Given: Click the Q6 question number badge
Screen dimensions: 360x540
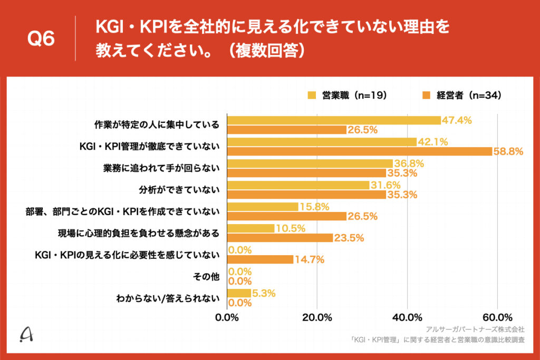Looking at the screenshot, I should (x=41, y=38).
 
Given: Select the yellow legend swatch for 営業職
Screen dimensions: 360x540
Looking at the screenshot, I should (x=312, y=95).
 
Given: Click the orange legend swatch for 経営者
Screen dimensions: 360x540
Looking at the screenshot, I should (x=427, y=95).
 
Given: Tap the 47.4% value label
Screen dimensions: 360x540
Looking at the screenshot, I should (x=457, y=120).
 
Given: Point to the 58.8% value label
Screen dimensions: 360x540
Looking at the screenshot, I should (x=508, y=152).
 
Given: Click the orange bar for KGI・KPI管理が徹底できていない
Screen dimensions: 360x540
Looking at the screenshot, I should (x=359, y=152).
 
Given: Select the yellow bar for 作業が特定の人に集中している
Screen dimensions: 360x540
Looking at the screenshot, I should (x=334, y=120).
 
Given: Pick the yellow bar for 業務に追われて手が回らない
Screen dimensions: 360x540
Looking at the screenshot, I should (x=310, y=163).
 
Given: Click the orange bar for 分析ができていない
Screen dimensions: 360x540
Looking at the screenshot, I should (x=306, y=194).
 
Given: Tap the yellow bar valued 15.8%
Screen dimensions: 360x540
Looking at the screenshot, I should (x=263, y=207).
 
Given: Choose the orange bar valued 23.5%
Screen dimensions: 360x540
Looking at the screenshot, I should (x=280, y=238).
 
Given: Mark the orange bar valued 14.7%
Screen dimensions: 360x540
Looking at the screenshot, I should (x=260, y=259).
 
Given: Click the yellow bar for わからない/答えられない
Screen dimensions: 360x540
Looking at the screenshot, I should (x=239, y=293).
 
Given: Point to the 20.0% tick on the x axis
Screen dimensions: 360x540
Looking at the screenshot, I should (x=317, y=317).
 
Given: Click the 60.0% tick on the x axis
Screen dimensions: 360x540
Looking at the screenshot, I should (x=497, y=317).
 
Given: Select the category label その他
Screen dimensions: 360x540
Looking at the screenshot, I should (x=208, y=276).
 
